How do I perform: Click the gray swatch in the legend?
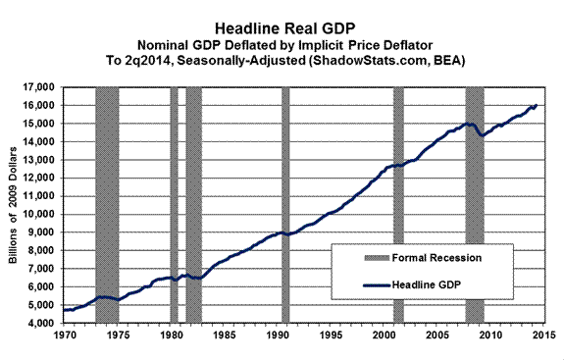tap(357, 258)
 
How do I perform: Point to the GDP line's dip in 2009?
tap(481, 134)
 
